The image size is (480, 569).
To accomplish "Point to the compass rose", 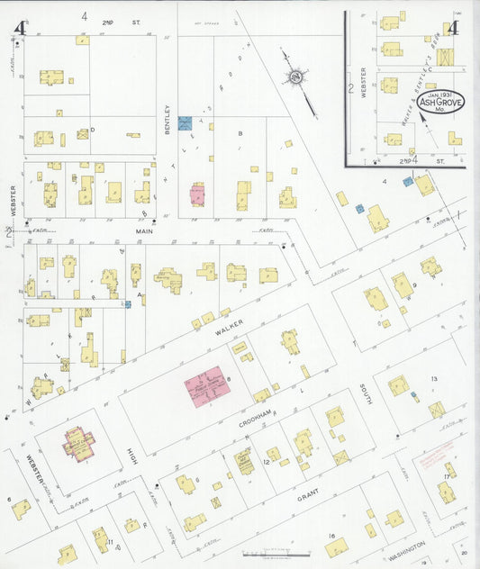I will coord(294,79).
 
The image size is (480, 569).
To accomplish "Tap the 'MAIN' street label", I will coord(145,231).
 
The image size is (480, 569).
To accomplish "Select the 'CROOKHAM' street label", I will coord(258,419).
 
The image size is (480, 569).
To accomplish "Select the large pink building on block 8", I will coord(209,390).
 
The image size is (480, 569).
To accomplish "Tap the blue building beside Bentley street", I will coord(185,122).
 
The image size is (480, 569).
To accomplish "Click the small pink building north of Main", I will coord(196,194).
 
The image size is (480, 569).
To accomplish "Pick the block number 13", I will coord(433,378).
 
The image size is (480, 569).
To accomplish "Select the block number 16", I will coord(331,537).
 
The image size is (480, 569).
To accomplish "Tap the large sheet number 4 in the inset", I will coord(452,26).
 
